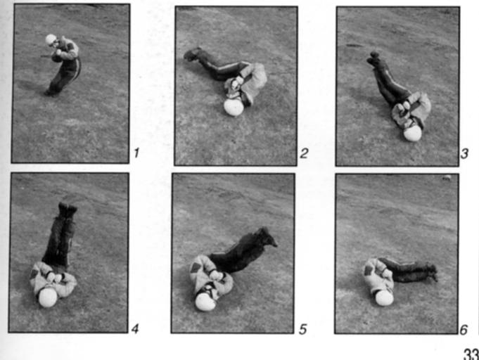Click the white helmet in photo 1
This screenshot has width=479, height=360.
[x=51, y=39]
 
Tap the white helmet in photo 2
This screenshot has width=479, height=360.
[x=234, y=108]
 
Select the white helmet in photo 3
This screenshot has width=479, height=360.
[x=412, y=134]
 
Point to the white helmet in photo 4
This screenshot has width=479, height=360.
[x=48, y=297]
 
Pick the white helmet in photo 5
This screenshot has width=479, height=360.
[x=205, y=302]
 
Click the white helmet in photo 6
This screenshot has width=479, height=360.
[x=384, y=298]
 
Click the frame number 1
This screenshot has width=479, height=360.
[x=136, y=153]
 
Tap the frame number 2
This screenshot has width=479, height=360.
[x=304, y=153]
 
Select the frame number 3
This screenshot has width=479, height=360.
[x=464, y=153]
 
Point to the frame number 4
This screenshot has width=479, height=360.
[x=135, y=328]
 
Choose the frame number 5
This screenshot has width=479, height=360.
[x=302, y=329]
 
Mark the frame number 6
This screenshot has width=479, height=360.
[x=464, y=330]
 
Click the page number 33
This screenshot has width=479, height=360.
[x=471, y=354]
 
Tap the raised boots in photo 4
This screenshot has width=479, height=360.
[x=68, y=210]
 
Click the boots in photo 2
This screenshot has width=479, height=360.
[x=192, y=54]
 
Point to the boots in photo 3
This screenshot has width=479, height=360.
[x=374, y=59]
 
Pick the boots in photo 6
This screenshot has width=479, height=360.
[x=432, y=271]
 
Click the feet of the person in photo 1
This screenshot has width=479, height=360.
[x=51, y=93]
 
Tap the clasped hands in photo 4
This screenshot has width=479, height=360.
[x=55, y=278]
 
